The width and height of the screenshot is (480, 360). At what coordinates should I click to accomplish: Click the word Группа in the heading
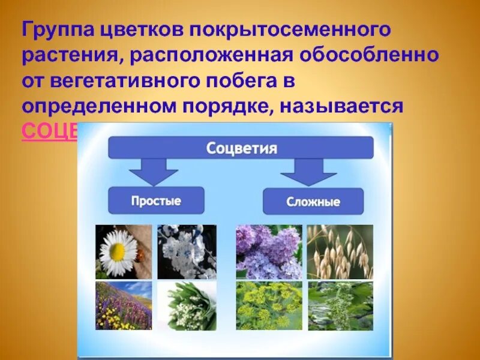tap(56, 29)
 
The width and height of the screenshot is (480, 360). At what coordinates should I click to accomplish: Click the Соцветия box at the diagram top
tap(241, 148)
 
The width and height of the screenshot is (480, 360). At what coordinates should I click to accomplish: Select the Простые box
tap(156, 200)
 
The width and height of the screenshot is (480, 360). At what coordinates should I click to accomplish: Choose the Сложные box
tap(313, 202)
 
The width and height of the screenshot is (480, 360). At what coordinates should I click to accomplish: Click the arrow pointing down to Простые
tap(153, 173)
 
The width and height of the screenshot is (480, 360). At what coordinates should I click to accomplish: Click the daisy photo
tap(124, 252)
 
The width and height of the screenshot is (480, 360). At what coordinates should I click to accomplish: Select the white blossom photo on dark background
tap(187, 252)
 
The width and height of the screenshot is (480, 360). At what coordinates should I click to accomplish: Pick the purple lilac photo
tap(268, 252)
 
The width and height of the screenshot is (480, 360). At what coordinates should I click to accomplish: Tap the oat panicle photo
tap(340, 252)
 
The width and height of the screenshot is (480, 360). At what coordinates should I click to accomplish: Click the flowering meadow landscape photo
tap(124, 305)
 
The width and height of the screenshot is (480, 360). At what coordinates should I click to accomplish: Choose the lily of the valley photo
tap(187, 305)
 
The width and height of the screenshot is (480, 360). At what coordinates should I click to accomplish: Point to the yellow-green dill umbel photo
tap(268, 305)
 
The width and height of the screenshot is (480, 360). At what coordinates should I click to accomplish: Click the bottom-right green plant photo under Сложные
tap(340, 305)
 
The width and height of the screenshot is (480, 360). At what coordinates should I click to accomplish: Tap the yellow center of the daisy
tap(118, 253)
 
